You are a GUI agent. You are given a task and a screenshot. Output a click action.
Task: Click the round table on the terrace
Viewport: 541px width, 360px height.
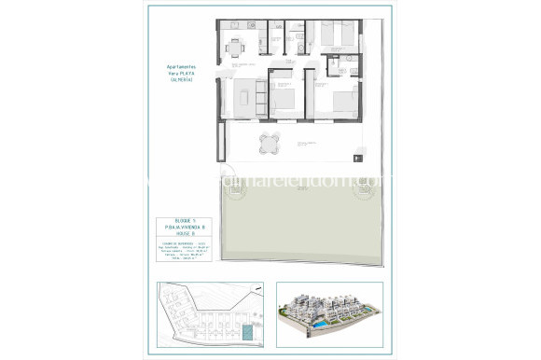coord(269,143)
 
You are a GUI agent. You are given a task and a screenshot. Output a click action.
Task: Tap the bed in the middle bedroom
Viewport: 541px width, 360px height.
coord(286,101)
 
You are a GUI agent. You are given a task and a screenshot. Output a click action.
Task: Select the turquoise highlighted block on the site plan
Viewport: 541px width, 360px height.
coord(246,332)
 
